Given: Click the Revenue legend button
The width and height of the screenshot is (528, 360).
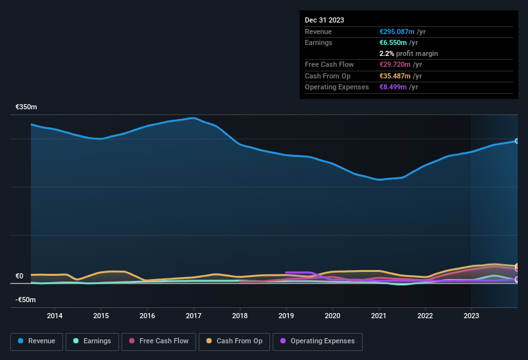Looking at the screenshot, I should click(36, 341).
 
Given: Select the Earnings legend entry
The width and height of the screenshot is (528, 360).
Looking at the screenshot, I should click(92, 341).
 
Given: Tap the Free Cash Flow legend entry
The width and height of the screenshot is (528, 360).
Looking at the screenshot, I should click(159, 341).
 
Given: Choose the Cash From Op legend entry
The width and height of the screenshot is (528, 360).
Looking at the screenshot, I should click(235, 341).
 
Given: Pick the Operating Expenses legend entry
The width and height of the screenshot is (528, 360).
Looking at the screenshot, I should click(318, 341).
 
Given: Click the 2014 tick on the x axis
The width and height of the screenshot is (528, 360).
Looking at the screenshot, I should click(55, 316).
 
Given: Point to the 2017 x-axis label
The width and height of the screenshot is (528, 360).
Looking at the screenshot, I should click(194, 316).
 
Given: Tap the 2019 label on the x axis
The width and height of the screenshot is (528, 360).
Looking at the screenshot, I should click(286, 316).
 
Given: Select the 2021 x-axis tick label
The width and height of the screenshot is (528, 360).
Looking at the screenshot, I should click(379, 316).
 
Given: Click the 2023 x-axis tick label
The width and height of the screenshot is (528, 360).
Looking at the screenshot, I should click(471, 316).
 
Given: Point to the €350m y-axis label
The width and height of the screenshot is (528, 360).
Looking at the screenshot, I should click(26, 107).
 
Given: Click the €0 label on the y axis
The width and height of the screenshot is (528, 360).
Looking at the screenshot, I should click(19, 276).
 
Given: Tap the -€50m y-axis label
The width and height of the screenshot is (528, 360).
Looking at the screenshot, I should click(26, 300).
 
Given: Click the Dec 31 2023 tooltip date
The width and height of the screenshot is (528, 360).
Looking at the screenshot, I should click(324, 20).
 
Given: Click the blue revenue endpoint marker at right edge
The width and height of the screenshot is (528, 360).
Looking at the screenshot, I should click(517, 141).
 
